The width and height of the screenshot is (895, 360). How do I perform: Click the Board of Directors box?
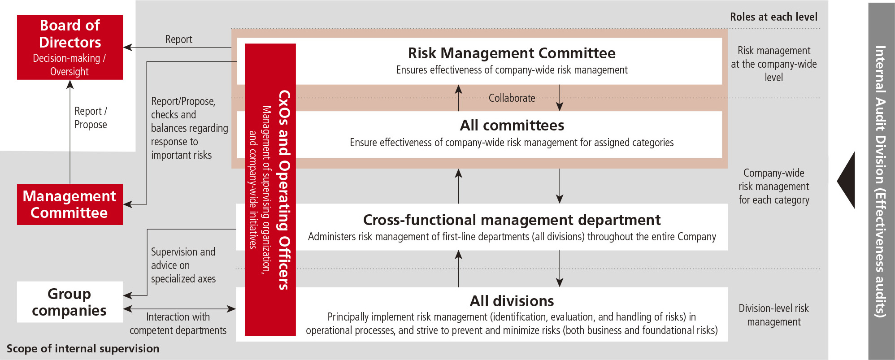point(70,47)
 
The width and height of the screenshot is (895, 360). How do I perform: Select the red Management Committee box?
point(70,204)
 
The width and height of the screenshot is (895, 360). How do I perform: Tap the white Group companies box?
point(70,302)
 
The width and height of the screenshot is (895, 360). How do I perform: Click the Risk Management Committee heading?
point(512,53)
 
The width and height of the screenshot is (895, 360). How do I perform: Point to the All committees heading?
point(512,126)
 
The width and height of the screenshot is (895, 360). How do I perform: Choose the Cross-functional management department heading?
point(512,220)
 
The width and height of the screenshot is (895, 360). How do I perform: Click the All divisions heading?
point(512,301)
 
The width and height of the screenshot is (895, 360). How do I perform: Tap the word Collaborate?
point(512,98)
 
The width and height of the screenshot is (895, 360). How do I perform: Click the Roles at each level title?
point(773,17)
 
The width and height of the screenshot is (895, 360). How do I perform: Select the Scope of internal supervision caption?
point(83,349)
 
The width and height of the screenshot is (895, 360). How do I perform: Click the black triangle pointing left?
point(847,180)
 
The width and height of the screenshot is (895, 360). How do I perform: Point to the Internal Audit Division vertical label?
point(881,181)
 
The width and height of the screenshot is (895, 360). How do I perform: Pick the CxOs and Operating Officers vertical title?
point(284,190)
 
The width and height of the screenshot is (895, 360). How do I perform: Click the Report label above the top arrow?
point(178,39)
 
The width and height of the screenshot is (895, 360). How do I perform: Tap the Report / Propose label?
point(91,117)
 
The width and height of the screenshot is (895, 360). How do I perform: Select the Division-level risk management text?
point(773,315)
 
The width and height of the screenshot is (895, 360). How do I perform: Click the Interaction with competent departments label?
point(178,324)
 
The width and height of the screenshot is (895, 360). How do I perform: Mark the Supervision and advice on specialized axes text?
point(183,265)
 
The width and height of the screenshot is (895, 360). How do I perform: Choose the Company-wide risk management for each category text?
point(773,187)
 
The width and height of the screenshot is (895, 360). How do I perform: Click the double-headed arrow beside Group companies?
point(179,309)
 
